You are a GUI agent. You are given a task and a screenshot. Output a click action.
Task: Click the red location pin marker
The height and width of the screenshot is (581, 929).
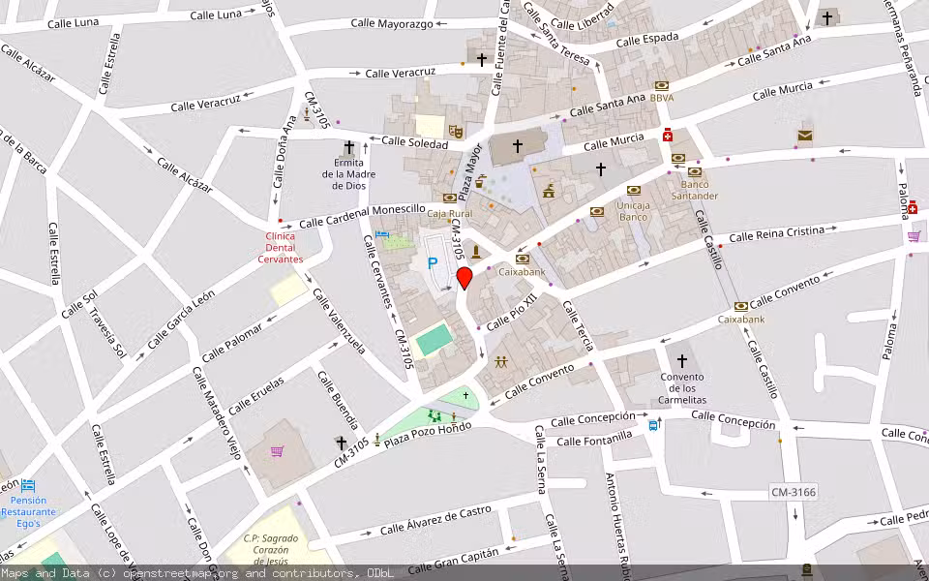[x=464, y=278]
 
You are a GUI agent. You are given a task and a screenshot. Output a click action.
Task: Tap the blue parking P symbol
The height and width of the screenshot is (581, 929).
[x=433, y=261]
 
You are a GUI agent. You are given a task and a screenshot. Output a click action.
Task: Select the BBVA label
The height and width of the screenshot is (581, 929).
[x=662, y=98]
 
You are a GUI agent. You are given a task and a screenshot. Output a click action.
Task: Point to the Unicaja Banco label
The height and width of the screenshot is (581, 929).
[x=633, y=211]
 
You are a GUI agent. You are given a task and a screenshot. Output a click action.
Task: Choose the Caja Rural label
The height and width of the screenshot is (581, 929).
[x=449, y=213]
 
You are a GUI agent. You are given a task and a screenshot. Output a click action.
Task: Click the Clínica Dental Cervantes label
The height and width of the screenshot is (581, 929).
[x=279, y=247]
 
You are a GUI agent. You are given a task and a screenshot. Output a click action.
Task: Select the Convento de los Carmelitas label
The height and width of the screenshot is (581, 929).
[x=682, y=388]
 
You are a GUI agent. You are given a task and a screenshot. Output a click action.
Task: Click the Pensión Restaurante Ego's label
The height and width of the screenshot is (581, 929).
[x=28, y=511]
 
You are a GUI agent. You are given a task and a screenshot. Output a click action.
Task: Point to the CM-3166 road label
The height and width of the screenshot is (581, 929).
[x=793, y=493]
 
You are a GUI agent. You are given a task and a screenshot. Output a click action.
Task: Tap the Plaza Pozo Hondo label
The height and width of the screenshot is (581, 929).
[x=427, y=435]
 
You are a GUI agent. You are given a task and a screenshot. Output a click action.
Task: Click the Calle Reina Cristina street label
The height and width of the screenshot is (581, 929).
[x=776, y=233]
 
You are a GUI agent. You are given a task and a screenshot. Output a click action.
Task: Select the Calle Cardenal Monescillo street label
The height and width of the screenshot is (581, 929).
[x=362, y=216]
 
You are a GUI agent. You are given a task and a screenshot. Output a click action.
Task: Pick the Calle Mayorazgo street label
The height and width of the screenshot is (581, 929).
[x=392, y=22]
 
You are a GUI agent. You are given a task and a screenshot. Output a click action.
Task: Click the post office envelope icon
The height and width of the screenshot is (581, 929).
[x=805, y=135]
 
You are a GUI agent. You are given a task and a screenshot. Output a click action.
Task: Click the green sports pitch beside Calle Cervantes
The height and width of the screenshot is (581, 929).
[x=434, y=340]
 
